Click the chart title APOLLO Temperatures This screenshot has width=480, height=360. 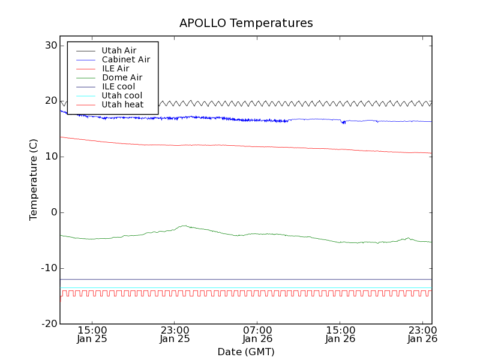tap(246, 23)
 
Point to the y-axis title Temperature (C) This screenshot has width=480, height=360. tap(34, 180)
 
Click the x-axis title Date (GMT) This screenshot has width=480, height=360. tap(246, 352)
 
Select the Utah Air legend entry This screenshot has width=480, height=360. tap(119, 50)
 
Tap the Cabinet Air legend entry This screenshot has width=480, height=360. tap(125, 59)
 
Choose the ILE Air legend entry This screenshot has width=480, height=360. tap(115, 68)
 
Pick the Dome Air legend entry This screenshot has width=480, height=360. tap(122, 77)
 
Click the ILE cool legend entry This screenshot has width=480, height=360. tap(118, 86)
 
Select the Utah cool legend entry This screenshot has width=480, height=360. tap(122, 95)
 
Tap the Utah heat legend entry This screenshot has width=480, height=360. tap(122, 104)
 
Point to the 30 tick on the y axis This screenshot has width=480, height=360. tap(50, 46)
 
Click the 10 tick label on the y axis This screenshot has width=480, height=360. tap(50, 157)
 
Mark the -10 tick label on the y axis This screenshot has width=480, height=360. tap(49, 268)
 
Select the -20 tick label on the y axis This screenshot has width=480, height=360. tap(49, 324)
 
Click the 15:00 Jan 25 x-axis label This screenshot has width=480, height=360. tap(92, 334)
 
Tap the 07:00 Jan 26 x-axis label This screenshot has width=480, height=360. tap(257, 334)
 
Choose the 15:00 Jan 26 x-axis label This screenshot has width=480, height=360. tap(340, 334)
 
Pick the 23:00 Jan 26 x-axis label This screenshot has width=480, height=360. tap(422, 334)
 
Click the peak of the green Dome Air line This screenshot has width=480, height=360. tap(184, 226)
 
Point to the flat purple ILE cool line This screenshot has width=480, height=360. tap(240, 279)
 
